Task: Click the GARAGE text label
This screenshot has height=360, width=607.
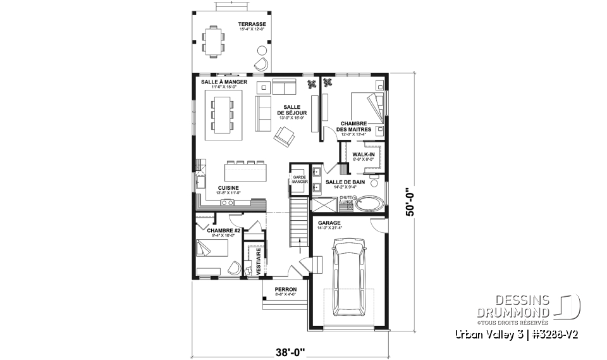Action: (329, 223)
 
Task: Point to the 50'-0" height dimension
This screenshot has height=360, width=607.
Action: (412, 201)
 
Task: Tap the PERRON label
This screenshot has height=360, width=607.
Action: (285, 289)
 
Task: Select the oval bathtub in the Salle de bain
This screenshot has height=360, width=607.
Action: (367, 204)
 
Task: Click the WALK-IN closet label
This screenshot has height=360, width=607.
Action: (363, 154)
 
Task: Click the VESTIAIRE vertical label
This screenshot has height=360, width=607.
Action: (259, 261)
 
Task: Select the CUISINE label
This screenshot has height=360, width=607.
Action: (228, 188)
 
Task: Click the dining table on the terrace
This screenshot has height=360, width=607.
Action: (215, 40)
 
